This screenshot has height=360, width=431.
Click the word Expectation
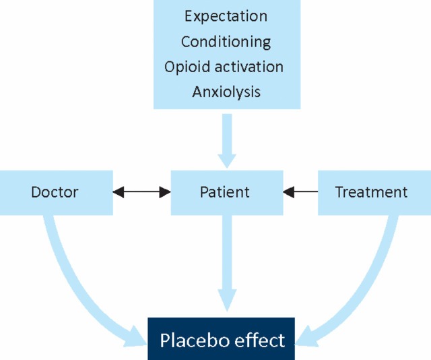point(226,16)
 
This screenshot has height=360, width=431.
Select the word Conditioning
point(226,41)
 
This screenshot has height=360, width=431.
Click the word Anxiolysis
point(226,92)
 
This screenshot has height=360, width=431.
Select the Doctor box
point(55,192)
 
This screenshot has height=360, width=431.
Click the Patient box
point(225,192)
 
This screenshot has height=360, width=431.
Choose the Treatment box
point(371,192)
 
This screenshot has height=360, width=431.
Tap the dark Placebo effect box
point(222,339)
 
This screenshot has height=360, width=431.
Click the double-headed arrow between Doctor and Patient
point(141,192)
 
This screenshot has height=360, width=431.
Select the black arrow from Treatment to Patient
point(300,192)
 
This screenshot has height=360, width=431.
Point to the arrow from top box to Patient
point(227,138)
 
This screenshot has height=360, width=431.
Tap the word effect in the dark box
point(258,340)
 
